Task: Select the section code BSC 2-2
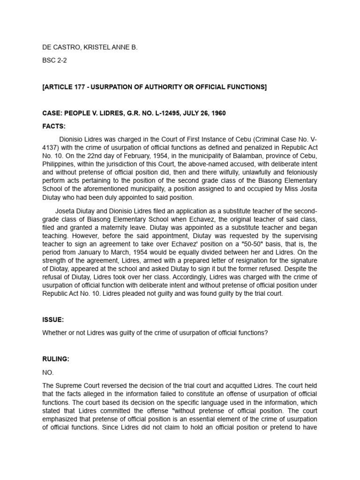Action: tap(54, 67)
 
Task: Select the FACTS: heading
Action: tap(54, 126)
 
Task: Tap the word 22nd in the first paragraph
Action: tap(93, 156)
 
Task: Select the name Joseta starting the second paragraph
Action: tap(66, 210)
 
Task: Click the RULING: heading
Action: tap(56, 359)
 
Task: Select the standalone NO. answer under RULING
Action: tap(48, 373)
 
